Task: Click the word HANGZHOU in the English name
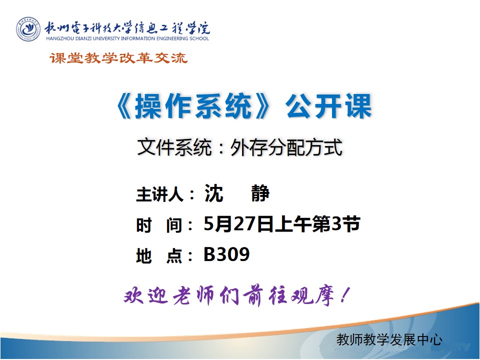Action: click(58, 38)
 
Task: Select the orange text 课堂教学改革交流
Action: click(118, 58)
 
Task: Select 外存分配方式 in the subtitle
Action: click(286, 147)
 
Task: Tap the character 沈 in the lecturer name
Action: click(213, 193)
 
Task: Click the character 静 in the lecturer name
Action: click(260, 193)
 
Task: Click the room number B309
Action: click(226, 255)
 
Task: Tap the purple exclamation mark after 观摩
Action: click(343, 296)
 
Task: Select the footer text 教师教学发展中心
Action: click(389, 340)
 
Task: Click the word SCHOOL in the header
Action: click(199, 38)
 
